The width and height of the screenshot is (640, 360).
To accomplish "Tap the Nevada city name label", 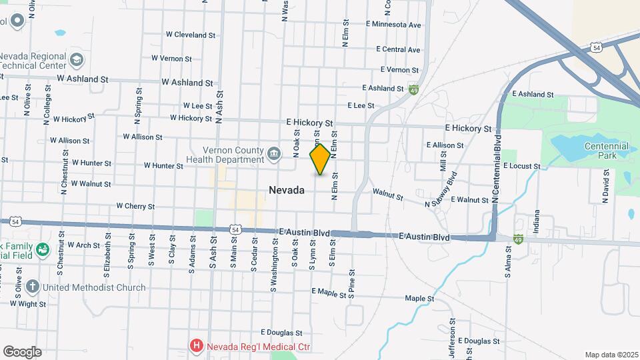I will [x=287, y=190].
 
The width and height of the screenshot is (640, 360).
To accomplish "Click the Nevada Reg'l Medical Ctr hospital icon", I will [x=196, y=345].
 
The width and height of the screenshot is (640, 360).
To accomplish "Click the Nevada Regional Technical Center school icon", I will [x=77, y=61].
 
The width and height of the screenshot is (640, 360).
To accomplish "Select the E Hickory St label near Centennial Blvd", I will [x=468, y=128].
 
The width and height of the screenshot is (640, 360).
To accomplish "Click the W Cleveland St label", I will [x=191, y=34].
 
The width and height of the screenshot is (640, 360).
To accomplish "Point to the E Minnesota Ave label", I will [x=394, y=25].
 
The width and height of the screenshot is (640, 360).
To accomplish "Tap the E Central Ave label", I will [x=398, y=49].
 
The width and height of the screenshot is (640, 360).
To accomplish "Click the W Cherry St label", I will [x=135, y=207].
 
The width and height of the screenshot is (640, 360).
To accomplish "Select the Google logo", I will [x=22, y=351].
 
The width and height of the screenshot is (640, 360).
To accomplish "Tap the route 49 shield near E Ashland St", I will [x=414, y=90].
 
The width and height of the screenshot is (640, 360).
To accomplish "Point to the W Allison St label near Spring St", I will [x=143, y=137].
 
